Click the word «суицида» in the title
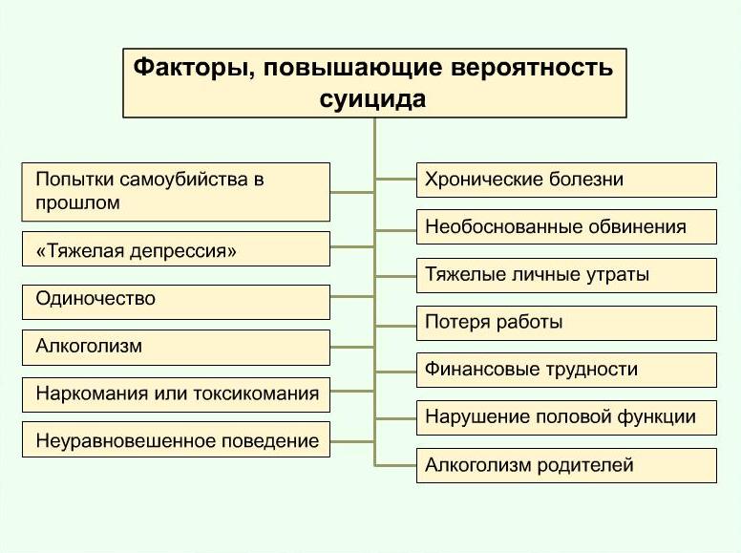(x=372, y=98)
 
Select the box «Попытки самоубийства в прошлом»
(x=176, y=192)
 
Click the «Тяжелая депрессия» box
(x=176, y=248)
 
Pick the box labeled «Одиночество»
(x=176, y=302)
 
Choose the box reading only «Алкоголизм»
(x=176, y=348)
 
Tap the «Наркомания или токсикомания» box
(x=176, y=394)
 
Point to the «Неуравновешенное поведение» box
(x=176, y=439)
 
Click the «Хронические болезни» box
(x=566, y=181)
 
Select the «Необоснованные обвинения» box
(x=566, y=227)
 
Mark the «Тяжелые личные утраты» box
(x=566, y=276)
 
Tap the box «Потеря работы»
(x=566, y=323)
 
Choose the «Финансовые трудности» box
(x=566, y=370)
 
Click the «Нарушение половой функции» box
(x=566, y=417)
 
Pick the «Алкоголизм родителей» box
(x=566, y=465)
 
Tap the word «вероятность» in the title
(x=532, y=68)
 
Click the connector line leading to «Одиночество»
(x=352, y=297)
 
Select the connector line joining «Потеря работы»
(x=395, y=326)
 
